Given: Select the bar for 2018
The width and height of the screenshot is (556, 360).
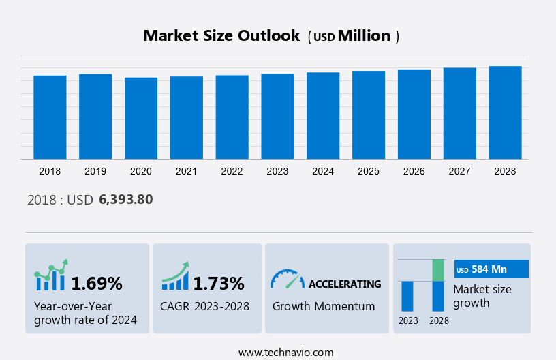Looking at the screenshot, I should click(50, 117).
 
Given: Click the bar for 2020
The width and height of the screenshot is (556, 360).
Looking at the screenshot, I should click(141, 118).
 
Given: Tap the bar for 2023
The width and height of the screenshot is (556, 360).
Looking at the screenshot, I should click(277, 116).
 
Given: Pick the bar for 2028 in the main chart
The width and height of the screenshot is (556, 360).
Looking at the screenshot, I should click(505, 112).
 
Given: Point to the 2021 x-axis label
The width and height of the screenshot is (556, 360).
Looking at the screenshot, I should click(186, 171).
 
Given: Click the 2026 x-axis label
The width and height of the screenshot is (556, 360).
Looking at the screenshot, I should click(414, 171).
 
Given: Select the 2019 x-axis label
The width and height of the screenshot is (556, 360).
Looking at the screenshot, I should click(95, 171).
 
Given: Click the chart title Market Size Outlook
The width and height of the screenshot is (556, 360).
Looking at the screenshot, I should click(221, 36).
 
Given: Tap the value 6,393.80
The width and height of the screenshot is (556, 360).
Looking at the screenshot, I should click(125, 200).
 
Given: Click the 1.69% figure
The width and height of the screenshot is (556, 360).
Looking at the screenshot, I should click(97, 283).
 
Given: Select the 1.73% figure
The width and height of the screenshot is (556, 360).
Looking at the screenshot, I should click(218, 283).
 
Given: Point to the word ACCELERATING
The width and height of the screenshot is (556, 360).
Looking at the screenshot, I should click(345, 284).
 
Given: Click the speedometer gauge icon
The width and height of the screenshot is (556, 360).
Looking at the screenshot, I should click(287, 278).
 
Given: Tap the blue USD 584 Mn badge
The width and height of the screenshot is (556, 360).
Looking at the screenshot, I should click(491, 269).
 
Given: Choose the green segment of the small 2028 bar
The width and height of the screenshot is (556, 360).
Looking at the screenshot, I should click(438, 270).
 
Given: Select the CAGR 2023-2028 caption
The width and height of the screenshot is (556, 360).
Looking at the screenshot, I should click(204, 306).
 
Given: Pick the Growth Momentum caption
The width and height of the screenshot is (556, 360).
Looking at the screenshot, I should click(324, 306).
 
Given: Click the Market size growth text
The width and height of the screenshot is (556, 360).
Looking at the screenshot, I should click(482, 296).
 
